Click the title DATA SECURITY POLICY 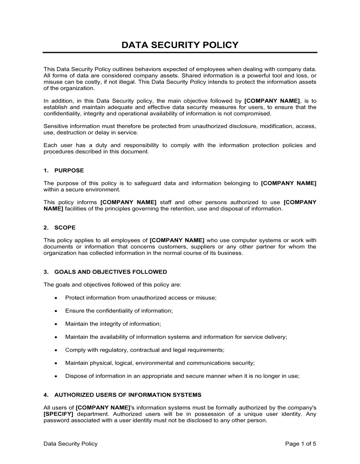[180, 45]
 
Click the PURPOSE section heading [69, 170]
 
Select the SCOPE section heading [65, 228]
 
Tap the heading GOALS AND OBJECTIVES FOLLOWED [111, 272]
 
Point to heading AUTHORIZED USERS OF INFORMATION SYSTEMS [128, 395]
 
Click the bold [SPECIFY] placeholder [58, 414]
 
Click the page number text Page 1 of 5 [301, 444]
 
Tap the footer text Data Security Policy [71, 444]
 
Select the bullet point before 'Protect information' [56, 298]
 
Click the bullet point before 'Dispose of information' [56, 376]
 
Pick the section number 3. [46, 272]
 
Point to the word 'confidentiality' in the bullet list [108, 311]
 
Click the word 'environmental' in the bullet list [154, 363]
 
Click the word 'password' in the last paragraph [55, 420]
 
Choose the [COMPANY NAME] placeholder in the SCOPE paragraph [177, 240]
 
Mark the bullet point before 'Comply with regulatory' [56, 350]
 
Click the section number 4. [46, 395]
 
